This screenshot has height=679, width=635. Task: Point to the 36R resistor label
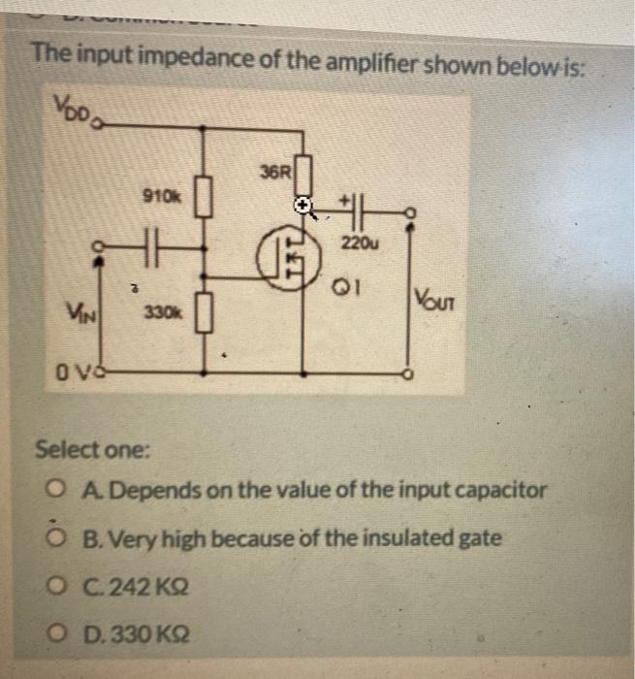[274, 173]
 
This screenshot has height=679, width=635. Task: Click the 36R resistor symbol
[303, 176]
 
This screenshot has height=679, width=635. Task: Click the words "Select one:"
[92, 450]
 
